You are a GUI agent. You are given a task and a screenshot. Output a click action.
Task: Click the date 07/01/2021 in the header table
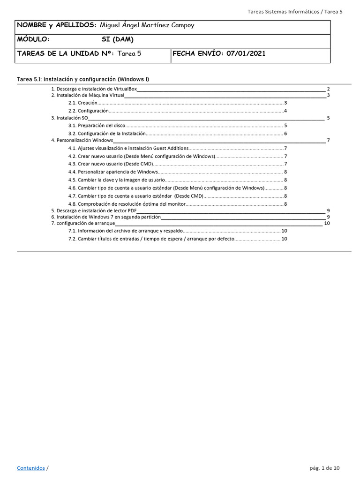(246, 53)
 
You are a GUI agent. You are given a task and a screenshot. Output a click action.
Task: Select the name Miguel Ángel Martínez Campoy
(147, 25)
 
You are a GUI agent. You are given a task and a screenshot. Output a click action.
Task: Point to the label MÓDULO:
(33, 39)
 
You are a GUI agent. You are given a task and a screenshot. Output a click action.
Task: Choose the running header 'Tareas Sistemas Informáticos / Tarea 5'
(294, 11)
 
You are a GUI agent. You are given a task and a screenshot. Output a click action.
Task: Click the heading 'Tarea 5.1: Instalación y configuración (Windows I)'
(83, 79)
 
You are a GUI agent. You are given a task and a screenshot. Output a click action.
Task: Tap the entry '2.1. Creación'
(83, 103)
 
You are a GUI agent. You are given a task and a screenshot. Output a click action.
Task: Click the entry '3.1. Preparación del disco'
(97, 126)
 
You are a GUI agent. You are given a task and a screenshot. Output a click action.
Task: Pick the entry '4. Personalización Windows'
(82, 140)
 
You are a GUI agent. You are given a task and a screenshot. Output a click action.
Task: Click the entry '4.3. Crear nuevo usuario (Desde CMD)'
(111, 164)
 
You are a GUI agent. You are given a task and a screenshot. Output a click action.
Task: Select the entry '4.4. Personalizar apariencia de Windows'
(113, 172)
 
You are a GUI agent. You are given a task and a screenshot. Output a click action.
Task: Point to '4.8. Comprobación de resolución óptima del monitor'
(127, 204)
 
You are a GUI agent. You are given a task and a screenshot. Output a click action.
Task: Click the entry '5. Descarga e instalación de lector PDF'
(94, 211)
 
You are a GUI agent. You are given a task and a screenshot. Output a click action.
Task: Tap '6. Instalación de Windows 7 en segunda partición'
(105, 217)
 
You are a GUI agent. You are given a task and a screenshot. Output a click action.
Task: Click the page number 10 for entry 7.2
(284, 239)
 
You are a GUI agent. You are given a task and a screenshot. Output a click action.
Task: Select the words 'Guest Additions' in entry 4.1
(171, 149)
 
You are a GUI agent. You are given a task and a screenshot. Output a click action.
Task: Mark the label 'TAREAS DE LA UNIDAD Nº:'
(65, 53)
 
